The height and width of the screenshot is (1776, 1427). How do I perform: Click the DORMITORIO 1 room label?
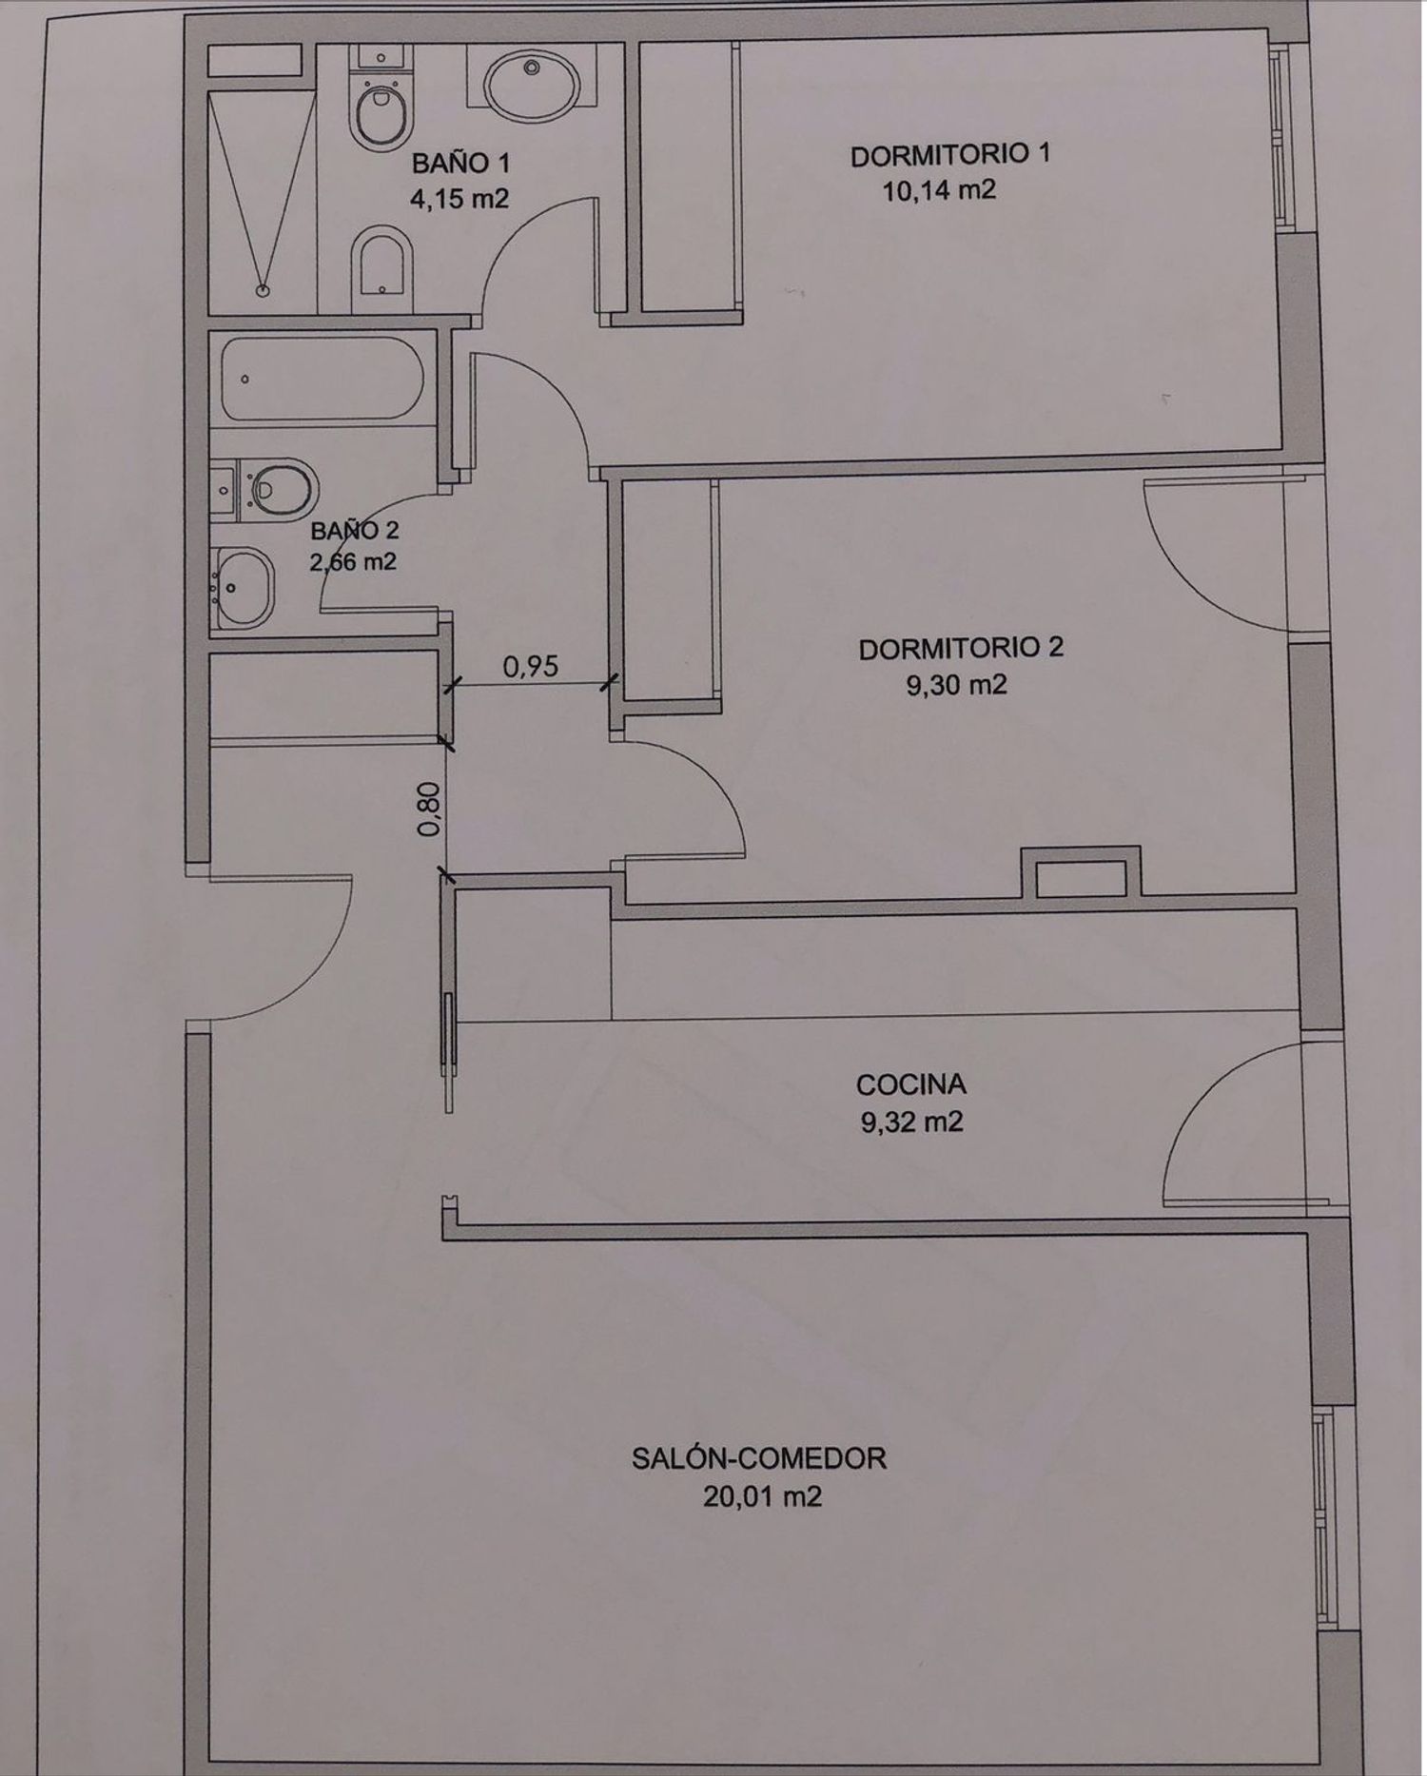point(950,155)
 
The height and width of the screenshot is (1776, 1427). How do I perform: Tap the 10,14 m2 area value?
point(939,190)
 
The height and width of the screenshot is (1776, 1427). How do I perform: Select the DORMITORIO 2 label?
point(961,649)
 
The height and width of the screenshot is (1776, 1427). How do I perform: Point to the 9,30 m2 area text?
point(956,685)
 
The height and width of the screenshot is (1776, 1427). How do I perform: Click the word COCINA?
point(911,1084)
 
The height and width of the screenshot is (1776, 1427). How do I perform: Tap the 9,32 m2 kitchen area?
point(911,1122)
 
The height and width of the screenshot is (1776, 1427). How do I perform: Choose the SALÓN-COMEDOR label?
point(759,1458)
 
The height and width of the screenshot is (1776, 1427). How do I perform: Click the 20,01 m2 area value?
point(762,1497)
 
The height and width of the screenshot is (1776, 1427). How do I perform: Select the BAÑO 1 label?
point(460,164)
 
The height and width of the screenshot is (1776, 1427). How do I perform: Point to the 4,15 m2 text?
point(459,199)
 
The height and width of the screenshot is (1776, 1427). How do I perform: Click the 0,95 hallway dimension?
point(531,666)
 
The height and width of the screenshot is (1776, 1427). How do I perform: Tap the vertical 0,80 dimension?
point(430,809)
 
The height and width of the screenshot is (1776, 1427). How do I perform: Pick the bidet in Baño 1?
point(381,269)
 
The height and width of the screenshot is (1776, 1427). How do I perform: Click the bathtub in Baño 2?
point(323,378)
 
